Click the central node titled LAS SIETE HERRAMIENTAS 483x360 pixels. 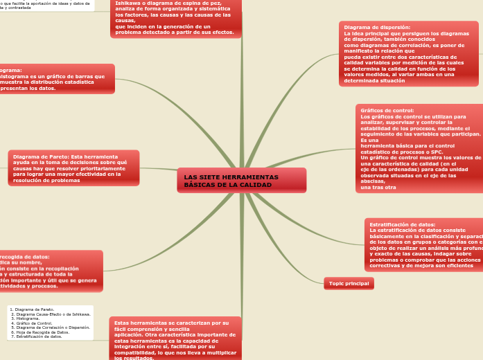(x=240, y=180)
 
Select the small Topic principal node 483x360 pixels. (x=349, y=283)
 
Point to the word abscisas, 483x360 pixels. (x=373, y=181)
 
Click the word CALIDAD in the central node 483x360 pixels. (x=256, y=185)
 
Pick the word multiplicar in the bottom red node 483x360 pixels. (x=220, y=352)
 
